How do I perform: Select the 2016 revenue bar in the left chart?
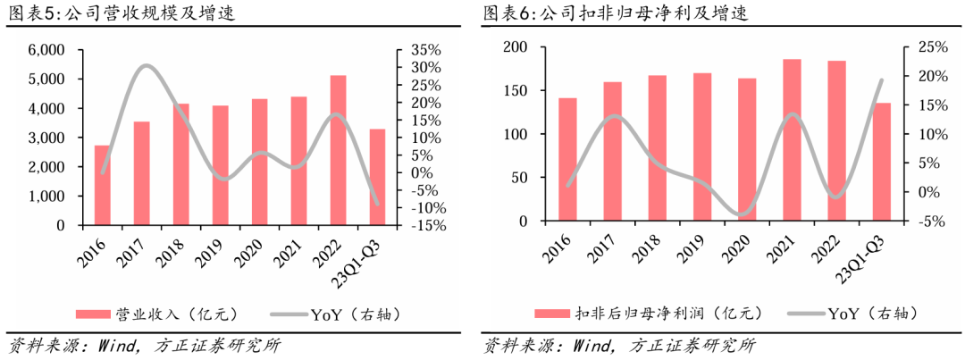[x=103, y=185]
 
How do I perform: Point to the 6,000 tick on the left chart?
[x=46, y=50]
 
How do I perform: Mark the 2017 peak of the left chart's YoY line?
[x=146, y=65]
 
